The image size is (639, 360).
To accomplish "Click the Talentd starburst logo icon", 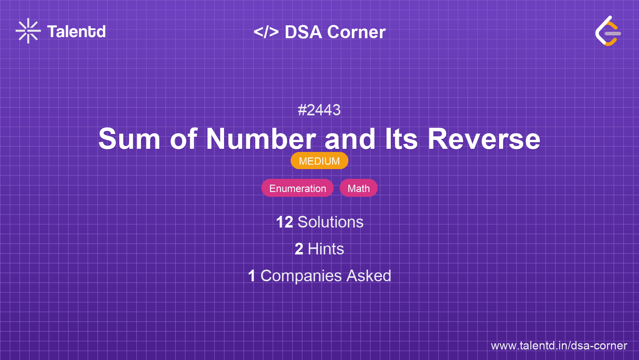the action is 28,31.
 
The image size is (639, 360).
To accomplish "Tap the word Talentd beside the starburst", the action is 76,32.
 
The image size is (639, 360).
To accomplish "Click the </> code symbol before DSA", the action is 266,32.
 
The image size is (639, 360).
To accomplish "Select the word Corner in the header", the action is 356,32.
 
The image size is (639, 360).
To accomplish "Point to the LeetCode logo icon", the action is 608,31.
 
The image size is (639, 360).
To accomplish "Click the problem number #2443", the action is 319,110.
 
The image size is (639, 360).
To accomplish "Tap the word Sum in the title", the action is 129,139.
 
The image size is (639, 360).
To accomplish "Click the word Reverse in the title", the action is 484,139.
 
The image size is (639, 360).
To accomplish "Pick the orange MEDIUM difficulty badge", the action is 319,161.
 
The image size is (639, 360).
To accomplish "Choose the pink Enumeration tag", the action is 298,188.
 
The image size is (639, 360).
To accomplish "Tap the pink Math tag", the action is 358,188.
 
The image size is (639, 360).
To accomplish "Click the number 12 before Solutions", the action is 284,222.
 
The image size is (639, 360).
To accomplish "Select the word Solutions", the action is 330,222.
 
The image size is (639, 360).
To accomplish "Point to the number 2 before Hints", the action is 299,249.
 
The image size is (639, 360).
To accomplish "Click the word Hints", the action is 326,249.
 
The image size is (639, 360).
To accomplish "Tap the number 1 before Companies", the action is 252,276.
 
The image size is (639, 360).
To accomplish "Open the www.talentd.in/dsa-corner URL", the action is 559,346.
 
